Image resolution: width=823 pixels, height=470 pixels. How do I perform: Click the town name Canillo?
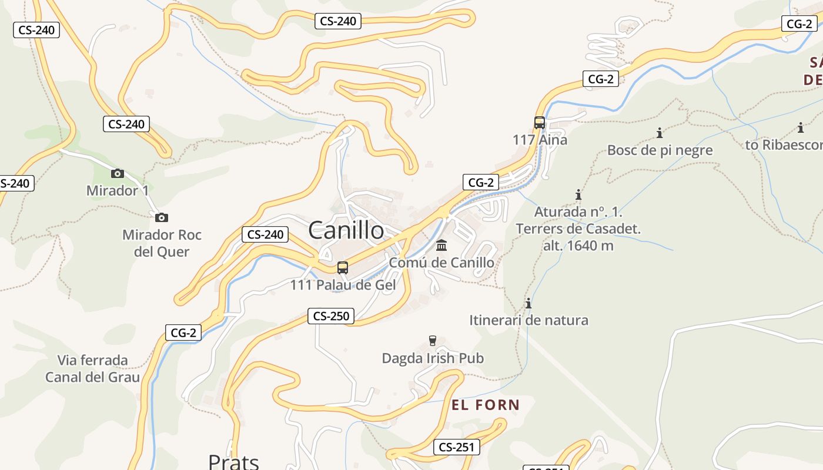point(346,230)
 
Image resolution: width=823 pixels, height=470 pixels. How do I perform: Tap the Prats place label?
point(233,462)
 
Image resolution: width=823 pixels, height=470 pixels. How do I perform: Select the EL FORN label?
point(486,405)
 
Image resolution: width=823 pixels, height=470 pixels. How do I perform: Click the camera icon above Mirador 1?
point(118,173)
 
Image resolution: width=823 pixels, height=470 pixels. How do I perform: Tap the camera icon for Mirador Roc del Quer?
point(162,217)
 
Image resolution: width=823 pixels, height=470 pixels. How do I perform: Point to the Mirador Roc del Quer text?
point(162,243)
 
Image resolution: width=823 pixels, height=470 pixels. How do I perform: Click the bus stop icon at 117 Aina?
point(540,123)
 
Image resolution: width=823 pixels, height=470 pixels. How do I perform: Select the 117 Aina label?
point(540,140)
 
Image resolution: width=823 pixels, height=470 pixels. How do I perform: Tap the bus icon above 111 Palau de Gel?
point(343,268)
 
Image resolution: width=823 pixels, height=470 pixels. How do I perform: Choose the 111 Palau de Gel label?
point(343,286)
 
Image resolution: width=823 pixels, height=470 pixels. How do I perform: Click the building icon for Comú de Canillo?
point(441,245)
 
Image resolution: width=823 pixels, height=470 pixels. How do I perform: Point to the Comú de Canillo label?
point(441,263)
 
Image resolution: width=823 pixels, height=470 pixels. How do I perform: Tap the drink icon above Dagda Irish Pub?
point(433,341)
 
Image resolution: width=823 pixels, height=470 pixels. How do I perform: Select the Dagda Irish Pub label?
point(433,358)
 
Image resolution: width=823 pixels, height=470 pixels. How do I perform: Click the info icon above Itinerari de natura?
point(528,303)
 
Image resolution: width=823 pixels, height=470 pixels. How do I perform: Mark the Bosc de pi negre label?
point(660,150)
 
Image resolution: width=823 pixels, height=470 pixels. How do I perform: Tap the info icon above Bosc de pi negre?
point(660,133)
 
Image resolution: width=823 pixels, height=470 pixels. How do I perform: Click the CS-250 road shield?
point(332,316)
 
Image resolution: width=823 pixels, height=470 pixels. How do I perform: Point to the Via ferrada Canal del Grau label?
point(93,368)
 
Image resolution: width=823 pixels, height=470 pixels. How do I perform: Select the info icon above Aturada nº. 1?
point(578,194)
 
